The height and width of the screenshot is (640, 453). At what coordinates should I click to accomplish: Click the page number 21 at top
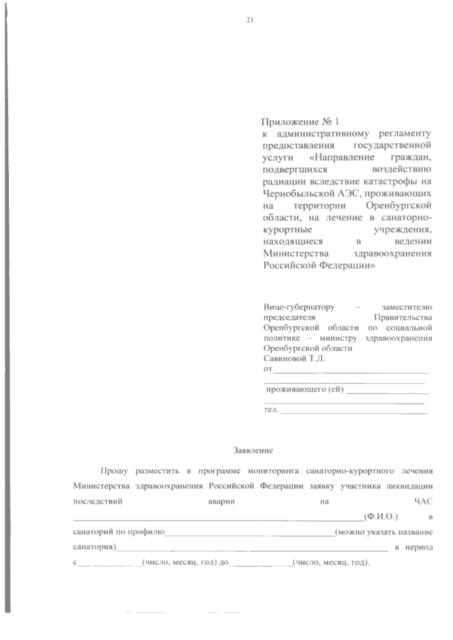coord(249,20)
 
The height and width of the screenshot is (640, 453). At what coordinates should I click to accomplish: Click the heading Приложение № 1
coord(300,122)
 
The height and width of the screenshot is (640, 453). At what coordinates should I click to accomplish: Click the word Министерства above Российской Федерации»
coord(296,253)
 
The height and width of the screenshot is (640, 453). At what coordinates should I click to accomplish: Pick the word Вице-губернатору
coord(299,307)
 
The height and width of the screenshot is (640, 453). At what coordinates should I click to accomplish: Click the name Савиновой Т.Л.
coord(294,358)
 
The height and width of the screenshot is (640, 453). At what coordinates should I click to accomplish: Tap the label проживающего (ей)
coord(305,390)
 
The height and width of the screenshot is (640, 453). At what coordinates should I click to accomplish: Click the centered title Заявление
coord(253,450)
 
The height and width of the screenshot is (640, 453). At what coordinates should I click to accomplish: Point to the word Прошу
coord(114,471)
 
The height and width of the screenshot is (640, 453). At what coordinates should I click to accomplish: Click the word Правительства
coord(403,317)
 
